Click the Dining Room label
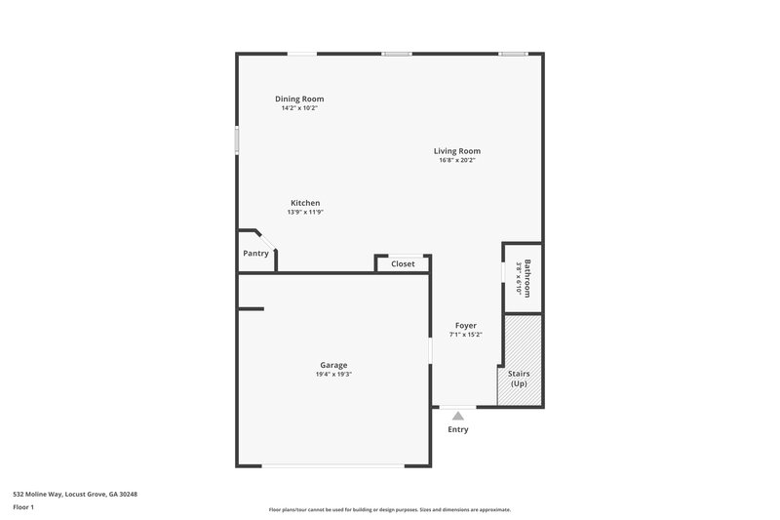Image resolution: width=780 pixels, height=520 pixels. click(x=299, y=99)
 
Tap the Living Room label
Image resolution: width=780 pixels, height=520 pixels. click(x=457, y=151)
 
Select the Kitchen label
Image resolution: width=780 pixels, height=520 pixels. click(x=305, y=203)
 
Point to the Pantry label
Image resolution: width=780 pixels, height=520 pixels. click(x=255, y=254)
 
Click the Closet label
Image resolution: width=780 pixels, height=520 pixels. click(x=403, y=263)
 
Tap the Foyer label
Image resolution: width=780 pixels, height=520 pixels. click(x=466, y=325)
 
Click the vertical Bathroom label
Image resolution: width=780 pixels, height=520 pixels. click(x=527, y=277)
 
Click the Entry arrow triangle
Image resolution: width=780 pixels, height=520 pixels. click(x=458, y=416)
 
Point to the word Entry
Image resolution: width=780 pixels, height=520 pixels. click(x=458, y=429)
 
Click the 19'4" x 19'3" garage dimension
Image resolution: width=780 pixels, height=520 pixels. click(x=332, y=375)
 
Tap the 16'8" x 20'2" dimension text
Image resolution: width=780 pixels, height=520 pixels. click(x=457, y=161)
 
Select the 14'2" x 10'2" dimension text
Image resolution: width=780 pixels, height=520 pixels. click(x=299, y=108)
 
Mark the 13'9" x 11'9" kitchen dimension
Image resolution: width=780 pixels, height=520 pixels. click(x=305, y=212)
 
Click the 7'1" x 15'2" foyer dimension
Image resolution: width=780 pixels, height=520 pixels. click(x=466, y=335)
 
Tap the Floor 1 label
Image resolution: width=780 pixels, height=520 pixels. click(x=24, y=507)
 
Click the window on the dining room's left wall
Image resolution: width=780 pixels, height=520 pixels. click(x=237, y=139)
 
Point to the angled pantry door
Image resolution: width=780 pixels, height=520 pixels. click(x=267, y=240)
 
